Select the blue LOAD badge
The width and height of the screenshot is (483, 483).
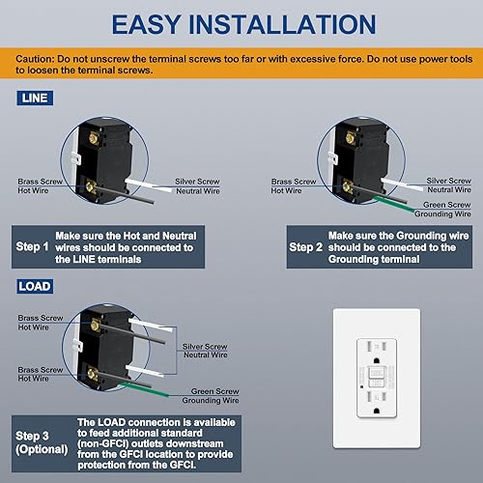[32, 286]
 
